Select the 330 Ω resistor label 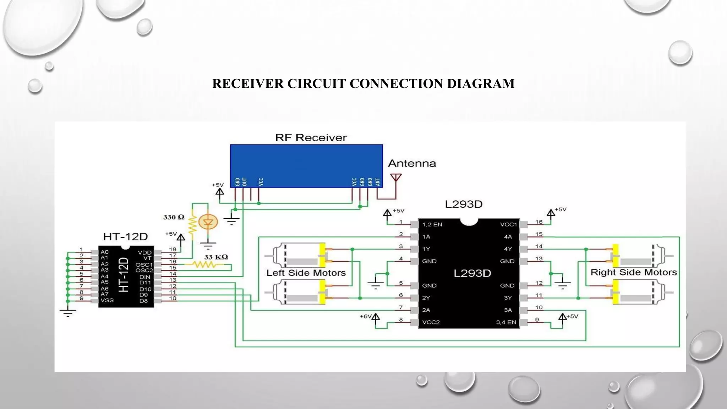174,217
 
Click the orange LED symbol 208,223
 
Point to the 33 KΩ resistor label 216,257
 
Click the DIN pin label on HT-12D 144,277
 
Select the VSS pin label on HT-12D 107,300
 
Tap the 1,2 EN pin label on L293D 432,224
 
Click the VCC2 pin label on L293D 431,322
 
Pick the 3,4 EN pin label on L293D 506,322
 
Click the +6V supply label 365,316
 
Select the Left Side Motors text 306,273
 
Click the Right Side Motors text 633,272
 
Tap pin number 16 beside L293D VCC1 539,222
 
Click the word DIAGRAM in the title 481,84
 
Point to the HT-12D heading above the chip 125,236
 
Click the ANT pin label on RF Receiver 378,182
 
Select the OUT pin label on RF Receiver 245,182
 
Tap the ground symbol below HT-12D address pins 68,312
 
